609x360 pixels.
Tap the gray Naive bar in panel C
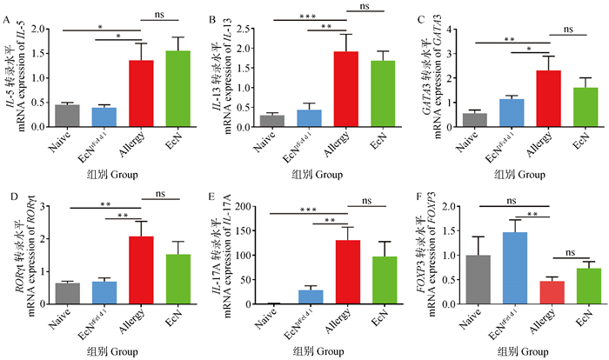(x=474, y=119)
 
